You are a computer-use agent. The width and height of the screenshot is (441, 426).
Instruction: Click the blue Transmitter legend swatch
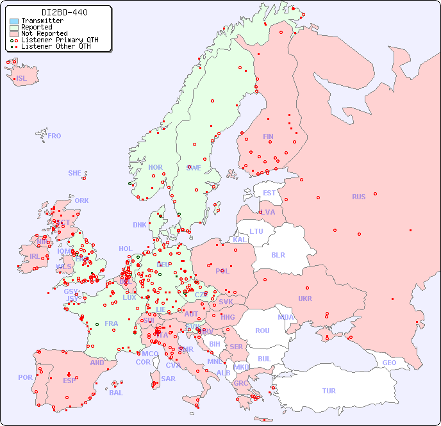14,21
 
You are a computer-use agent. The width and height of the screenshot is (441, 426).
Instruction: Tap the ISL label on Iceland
22,79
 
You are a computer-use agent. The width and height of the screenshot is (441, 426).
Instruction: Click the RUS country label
358,197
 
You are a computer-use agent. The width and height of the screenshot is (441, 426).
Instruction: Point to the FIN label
268,136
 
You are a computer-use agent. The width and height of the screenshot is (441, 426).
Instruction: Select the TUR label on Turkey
329,391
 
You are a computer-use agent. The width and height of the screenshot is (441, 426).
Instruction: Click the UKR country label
305,299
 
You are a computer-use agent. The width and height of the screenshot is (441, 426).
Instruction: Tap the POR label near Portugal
25,377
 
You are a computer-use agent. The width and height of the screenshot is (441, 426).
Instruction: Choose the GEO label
389,363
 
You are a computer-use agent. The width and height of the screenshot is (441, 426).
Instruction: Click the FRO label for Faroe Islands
54,136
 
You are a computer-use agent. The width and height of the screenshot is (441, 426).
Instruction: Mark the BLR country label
278,254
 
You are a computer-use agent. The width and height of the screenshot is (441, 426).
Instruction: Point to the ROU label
262,331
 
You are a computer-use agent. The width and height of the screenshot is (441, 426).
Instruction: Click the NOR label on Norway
155,167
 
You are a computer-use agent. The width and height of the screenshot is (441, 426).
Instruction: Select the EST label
269,193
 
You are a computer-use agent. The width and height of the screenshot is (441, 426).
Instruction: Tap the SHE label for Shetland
75,173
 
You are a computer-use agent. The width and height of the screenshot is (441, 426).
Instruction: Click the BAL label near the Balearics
116,393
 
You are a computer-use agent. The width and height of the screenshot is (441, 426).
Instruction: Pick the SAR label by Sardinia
168,378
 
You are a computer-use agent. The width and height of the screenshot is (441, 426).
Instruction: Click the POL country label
222,271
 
